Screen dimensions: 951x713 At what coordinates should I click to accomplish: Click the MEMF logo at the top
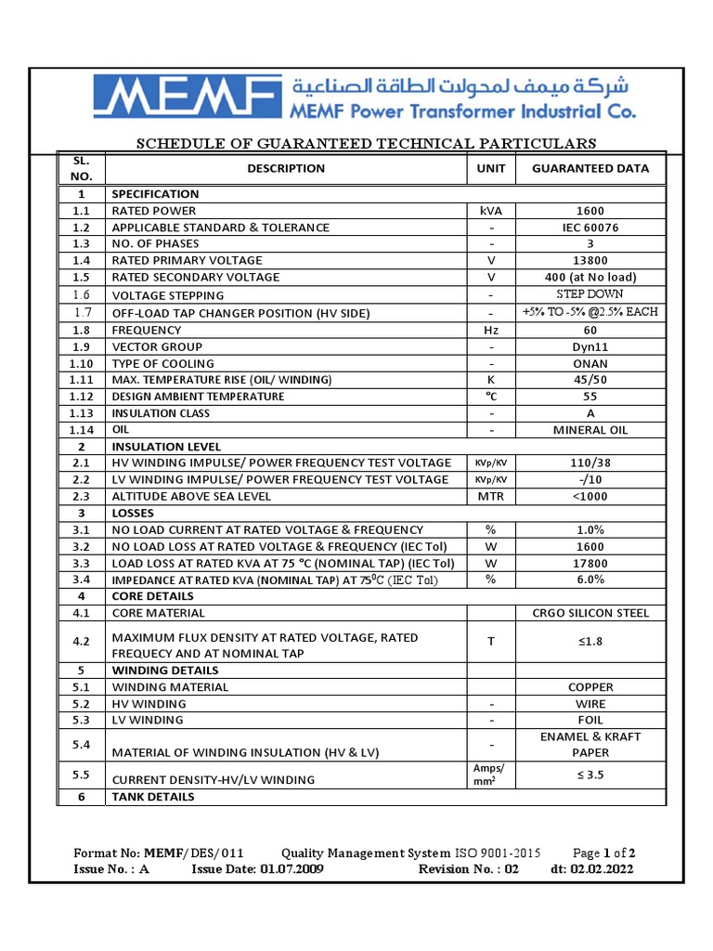point(187,98)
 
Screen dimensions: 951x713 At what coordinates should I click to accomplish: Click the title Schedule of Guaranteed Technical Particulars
point(367,143)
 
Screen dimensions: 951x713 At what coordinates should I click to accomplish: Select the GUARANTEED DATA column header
point(590,169)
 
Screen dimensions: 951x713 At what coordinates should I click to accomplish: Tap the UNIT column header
point(491,169)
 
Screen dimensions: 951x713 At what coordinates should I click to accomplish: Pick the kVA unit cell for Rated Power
point(491,211)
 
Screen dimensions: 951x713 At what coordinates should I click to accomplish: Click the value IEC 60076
point(590,228)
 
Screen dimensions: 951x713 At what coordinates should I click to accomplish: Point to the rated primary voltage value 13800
point(590,261)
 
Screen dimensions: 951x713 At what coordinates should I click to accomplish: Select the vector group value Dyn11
point(590,346)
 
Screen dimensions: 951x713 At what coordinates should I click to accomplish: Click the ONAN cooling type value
point(590,363)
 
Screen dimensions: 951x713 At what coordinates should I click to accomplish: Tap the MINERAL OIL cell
point(590,430)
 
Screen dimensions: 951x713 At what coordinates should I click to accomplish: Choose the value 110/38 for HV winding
point(590,462)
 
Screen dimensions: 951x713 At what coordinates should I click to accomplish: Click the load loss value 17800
point(590,563)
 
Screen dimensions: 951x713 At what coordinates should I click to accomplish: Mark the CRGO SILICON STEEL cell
point(590,613)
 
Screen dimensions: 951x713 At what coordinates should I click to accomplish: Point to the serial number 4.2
point(81,642)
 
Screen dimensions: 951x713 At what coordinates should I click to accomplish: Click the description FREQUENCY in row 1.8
point(147,330)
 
